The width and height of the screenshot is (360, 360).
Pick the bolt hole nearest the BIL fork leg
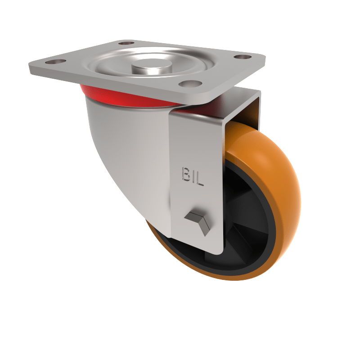[x=188, y=83]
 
